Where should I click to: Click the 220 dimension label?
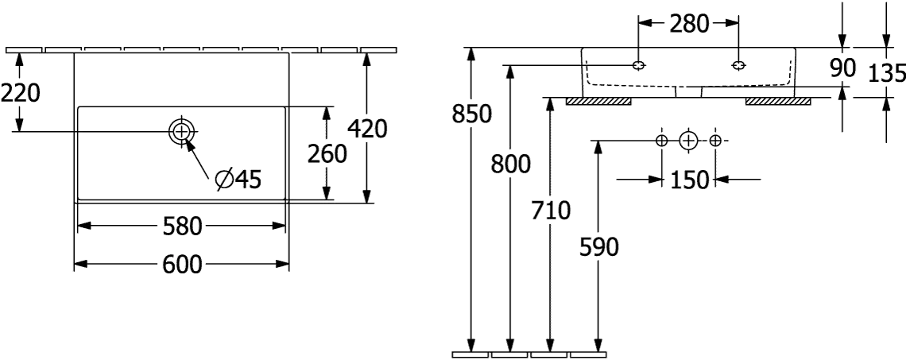[20, 92]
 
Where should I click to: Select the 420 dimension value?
[367, 129]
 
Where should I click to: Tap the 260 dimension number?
[327, 154]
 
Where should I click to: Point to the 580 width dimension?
[181, 226]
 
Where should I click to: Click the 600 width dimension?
[181, 265]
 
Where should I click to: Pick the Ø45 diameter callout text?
[238, 180]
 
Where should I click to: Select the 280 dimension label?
[688, 24]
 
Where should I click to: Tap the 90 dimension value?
[843, 68]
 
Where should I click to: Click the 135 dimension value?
[888, 73]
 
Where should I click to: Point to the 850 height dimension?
[471, 114]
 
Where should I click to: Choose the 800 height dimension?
[510, 165]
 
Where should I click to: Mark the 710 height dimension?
[550, 211]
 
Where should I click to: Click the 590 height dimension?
[598, 247]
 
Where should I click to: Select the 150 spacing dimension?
[689, 180]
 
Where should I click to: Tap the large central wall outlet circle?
[688, 140]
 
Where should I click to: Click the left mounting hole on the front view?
[638, 65]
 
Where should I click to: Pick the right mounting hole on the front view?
[738, 65]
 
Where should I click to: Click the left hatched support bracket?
[598, 102]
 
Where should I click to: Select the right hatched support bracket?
[778, 102]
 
